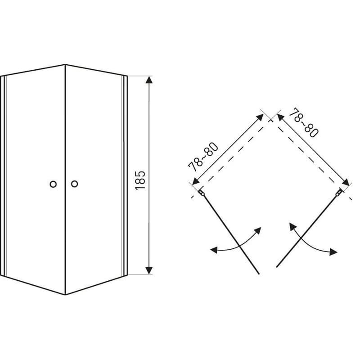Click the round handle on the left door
click(53, 184)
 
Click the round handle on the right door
click(74, 184)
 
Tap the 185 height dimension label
click(140, 180)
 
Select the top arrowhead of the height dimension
click(149, 80)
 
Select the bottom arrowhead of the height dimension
click(149, 270)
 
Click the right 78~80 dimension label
click(303, 122)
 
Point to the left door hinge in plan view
click(202, 193)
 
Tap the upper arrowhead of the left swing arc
click(258, 230)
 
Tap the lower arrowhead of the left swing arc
click(214, 250)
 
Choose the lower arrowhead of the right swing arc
click(333, 252)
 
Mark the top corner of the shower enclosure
click(65, 65)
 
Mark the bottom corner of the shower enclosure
click(65, 295)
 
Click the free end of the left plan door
click(259, 274)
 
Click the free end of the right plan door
click(277, 267)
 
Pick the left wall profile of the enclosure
click(3, 175)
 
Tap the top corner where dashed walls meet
click(271, 120)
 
